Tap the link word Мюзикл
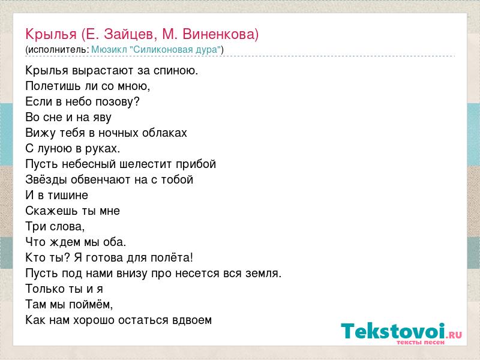click(x=109, y=50)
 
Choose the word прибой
click(x=196, y=164)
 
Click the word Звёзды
click(x=46, y=179)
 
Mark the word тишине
click(x=68, y=196)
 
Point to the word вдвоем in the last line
click(x=192, y=320)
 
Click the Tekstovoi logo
click(x=401, y=331)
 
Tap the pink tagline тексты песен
click(x=421, y=342)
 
